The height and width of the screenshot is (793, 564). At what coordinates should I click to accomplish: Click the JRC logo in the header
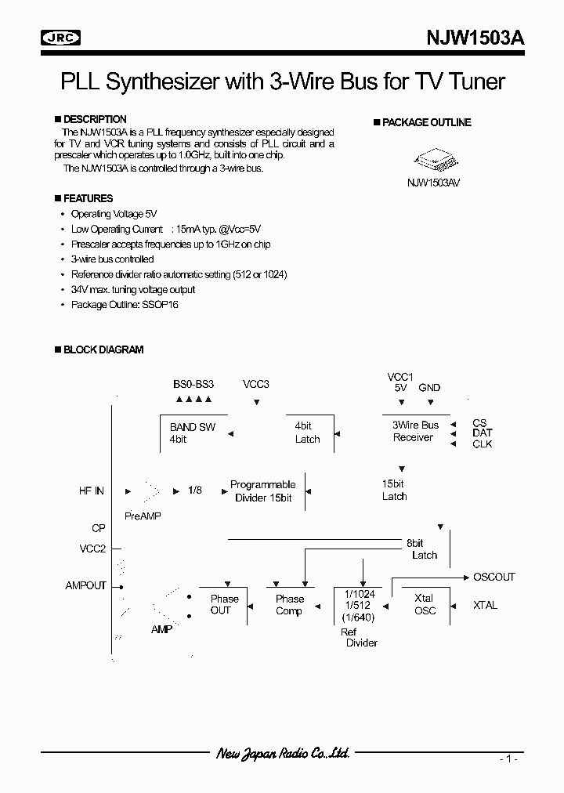(x=61, y=37)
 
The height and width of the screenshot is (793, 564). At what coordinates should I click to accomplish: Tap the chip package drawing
(x=433, y=161)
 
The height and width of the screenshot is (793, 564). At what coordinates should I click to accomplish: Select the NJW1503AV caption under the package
(x=433, y=182)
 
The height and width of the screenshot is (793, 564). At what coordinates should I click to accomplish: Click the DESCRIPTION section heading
(x=94, y=120)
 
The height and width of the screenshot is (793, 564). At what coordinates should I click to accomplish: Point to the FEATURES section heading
(x=88, y=198)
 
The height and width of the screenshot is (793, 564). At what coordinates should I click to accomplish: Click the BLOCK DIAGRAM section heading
(x=103, y=350)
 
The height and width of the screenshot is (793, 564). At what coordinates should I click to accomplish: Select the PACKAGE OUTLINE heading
(x=426, y=123)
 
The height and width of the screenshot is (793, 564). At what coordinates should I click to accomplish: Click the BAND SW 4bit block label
(x=192, y=433)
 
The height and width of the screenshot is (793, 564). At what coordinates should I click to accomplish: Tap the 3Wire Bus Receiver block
(x=416, y=431)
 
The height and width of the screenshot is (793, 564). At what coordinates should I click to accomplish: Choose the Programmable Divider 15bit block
(x=262, y=491)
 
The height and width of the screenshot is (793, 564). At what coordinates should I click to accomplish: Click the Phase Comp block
(x=289, y=605)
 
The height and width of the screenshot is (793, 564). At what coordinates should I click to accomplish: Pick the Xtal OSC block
(x=425, y=604)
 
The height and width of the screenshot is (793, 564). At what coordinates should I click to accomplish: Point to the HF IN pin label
(x=91, y=491)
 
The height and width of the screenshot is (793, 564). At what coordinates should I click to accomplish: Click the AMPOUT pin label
(x=85, y=585)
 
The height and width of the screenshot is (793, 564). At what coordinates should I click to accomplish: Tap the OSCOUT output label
(x=494, y=578)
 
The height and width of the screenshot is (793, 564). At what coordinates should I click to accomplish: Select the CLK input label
(x=482, y=444)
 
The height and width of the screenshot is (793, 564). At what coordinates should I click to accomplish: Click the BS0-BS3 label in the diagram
(x=193, y=385)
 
